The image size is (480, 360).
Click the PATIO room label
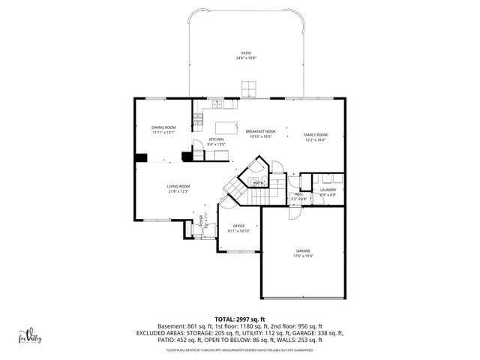coord(246,53)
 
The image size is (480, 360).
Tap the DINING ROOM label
coord(163,127)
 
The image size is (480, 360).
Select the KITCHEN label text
coord(216,139)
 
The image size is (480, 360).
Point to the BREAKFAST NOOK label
coord(261,131)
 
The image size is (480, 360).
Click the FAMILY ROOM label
coord(315,134)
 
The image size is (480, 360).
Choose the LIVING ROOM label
coord(178,186)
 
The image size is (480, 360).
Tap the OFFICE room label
coord(238,226)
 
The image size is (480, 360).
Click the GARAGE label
coord(303,250)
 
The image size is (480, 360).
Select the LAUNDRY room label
coord(328,190)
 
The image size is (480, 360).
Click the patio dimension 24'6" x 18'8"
coord(246,58)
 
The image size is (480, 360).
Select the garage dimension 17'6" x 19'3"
coord(303,256)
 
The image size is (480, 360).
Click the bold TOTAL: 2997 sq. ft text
coord(240,319)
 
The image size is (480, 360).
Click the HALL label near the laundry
coord(298,194)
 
